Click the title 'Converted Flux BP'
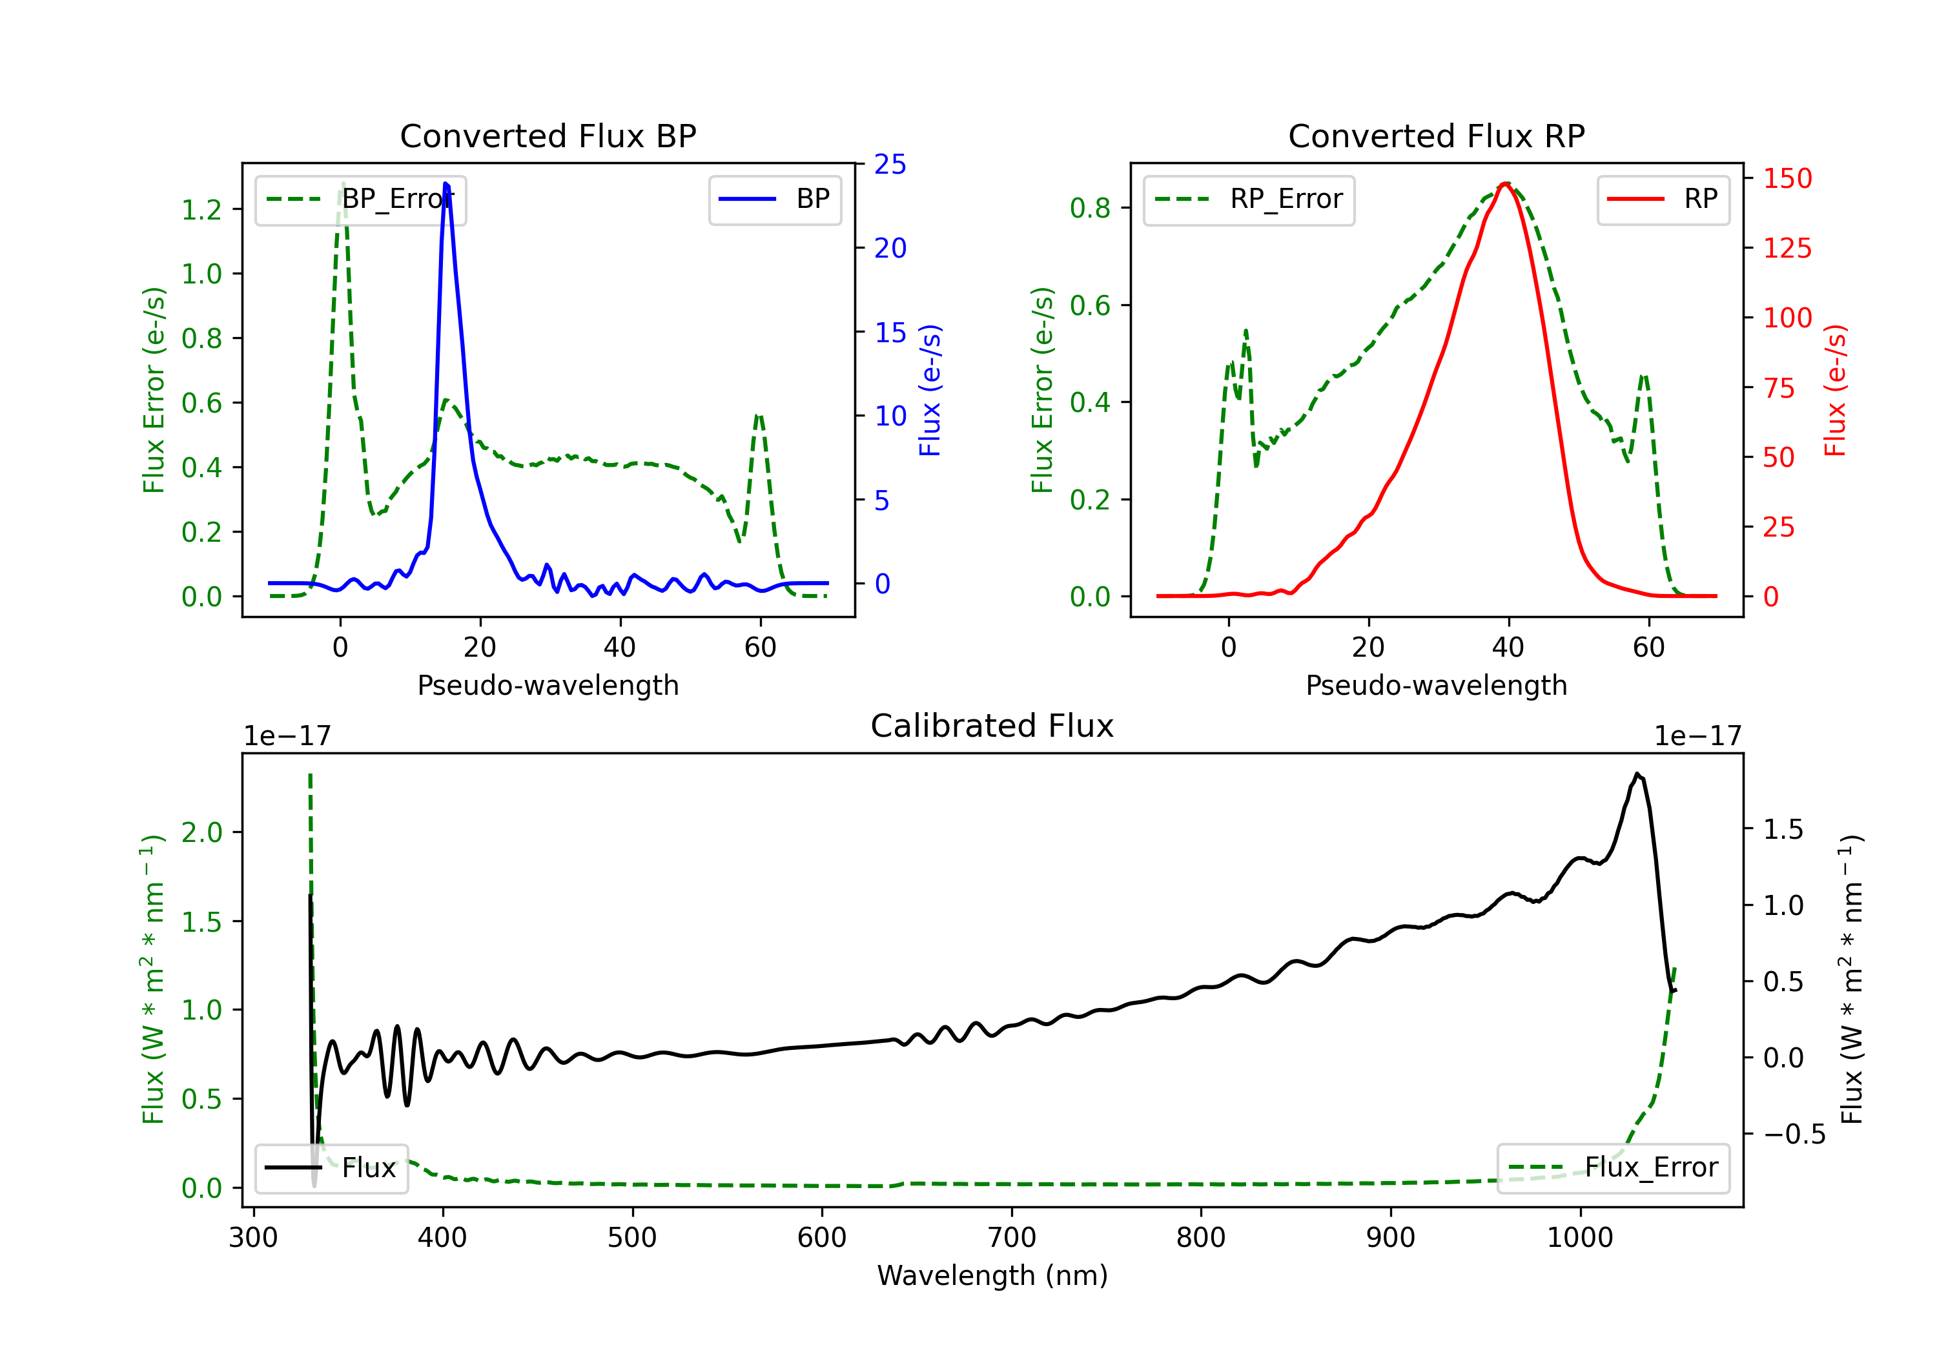(x=548, y=136)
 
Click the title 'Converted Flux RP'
(x=1436, y=136)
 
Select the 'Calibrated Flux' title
(x=992, y=726)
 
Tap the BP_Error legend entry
(x=360, y=199)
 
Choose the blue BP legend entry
(x=774, y=199)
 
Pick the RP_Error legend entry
(x=1249, y=199)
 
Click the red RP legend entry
(x=1663, y=199)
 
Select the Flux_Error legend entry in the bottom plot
(x=1613, y=1168)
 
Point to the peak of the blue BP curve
(x=446, y=183)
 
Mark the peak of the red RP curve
(x=1506, y=183)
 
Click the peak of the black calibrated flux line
(x=1637, y=774)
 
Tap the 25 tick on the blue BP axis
(x=890, y=164)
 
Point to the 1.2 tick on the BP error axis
(x=203, y=209)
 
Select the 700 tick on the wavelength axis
(x=1012, y=1238)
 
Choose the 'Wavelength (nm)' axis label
(x=992, y=1275)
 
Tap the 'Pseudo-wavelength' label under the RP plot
(x=1436, y=685)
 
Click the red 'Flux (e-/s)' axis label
(x=1835, y=390)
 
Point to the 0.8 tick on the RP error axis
(x=1091, y=207)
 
